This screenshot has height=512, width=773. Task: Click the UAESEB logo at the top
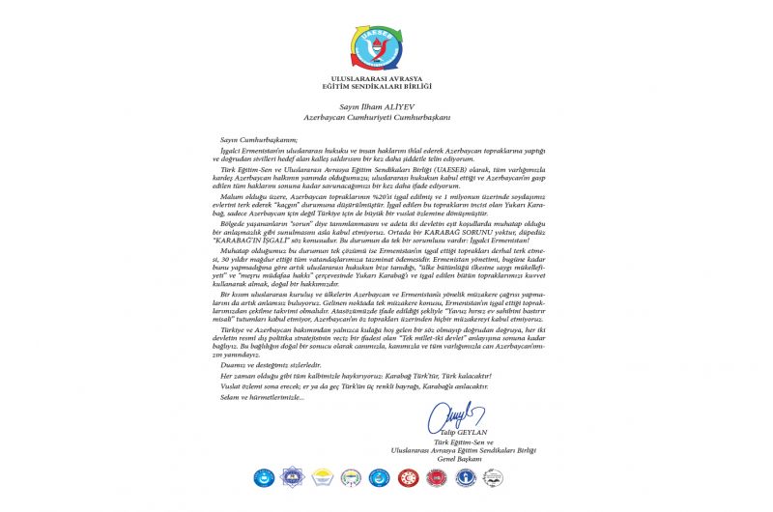coord(386,40)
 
